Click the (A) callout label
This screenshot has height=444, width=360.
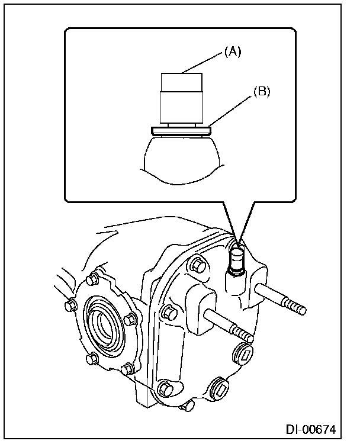[x=232, y=52]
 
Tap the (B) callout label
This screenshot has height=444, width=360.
[x=262, y=92]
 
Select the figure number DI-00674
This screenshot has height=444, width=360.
[x=317, y=428]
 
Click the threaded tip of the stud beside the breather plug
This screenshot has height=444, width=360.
[x=296, y=308]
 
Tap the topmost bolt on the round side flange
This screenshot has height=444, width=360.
[x=92, y=279]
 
